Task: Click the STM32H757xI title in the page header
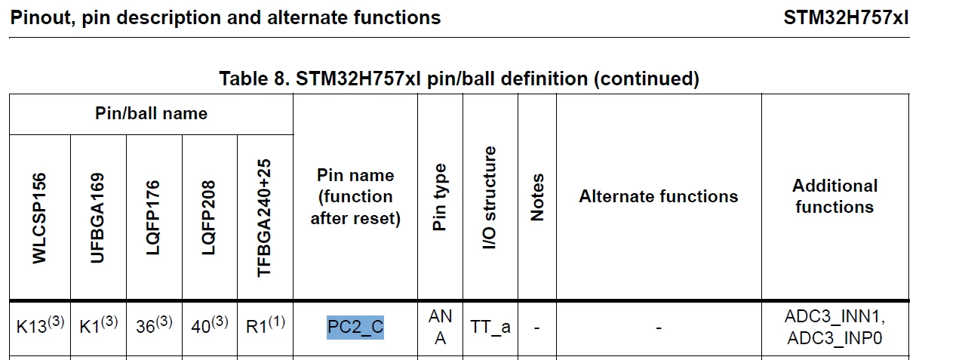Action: coord(846,17)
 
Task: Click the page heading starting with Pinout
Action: coord(226,18)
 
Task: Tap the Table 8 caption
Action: coord(459,79)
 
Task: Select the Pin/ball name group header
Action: coord(151,113)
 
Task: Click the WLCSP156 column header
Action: coord(39,218)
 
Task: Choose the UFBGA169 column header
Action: coord(97,217)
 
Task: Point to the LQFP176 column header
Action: coord(153,217)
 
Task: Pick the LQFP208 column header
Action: coord(208,217)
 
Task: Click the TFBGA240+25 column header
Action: coord(263,217)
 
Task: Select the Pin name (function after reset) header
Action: coord(355,196)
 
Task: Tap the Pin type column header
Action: coord(439,197)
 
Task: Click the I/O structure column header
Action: coord(489,198)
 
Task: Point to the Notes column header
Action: coord(536,198)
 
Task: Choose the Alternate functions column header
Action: coord(658,196)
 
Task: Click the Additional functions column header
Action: coord(835,196)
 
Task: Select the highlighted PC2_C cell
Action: coord(355,328)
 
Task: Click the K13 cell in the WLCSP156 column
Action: coord(40,325)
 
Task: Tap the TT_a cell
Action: coord(490,328)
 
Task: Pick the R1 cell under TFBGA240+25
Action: coord(266,325)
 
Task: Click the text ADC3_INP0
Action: coord(834,338)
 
